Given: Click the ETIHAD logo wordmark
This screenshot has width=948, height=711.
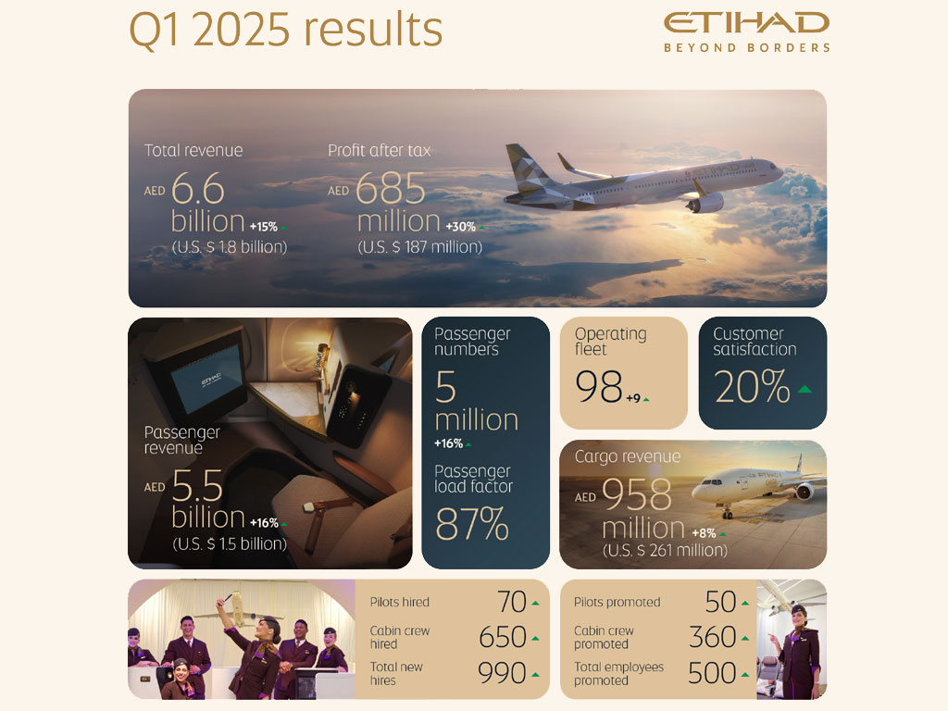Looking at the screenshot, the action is pyautogui.click(x=747, y=23).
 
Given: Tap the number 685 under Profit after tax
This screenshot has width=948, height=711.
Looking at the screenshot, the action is pyautogui.click(x=391, y=188).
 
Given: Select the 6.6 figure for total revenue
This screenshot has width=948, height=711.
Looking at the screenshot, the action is pyautogui.click(x=198, y=188).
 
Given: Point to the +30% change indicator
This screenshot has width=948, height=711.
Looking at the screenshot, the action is pyautogui.click(x=465, y=227).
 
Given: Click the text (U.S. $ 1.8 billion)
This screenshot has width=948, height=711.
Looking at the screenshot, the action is pyautogui.click(x=230, y=246).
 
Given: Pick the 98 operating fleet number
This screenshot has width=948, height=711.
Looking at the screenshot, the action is pyautogui.click(x=599, y=386).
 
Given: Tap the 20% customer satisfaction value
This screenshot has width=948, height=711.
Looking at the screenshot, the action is pyautogui.click(x=752, y=386).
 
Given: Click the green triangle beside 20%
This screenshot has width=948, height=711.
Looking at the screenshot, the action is pyautogui.click(x=805, y=389).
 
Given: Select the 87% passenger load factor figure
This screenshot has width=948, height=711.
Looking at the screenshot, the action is pyautogui.click(x=471, y=524).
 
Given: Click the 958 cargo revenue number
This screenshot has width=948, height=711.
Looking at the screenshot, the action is pyautogui.click(x=637, y=494).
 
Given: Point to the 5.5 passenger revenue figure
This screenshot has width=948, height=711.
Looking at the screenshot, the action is pyautogui.click(x=197, y=485).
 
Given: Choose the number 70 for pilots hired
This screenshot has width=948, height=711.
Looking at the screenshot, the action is pyautogui.click(x=511, y=602).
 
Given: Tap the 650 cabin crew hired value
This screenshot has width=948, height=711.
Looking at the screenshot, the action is pyautogui.click(x=503, y=637).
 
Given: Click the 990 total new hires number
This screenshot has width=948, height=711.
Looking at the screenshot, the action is pyautogui.click(x=502, y=673).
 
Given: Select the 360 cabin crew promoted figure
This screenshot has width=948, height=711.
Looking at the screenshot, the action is pyautogui.click(x=712, y=637).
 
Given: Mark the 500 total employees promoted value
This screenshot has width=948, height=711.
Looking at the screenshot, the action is pyautogui.click(x=712, y=673).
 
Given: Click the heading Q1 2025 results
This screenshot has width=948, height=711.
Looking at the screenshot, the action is pyautogui.click(x=286, y=30).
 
